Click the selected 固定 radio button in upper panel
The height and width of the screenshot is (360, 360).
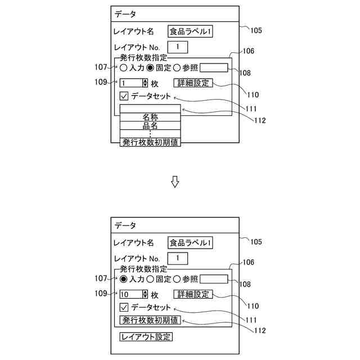coord(150,68)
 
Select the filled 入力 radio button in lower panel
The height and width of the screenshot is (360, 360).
coord(123,279)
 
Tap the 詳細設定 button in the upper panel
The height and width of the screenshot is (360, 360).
coord(193,83)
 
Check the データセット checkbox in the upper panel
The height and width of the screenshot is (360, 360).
coord(124,96)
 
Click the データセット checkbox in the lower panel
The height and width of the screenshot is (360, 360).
coord(124,308)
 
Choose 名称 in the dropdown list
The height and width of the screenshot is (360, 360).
coord(150,118)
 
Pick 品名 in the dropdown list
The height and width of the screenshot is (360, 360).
coord(150,126)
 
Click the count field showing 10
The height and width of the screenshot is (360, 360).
coord(130,294)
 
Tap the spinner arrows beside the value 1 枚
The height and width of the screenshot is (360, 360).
coord(145,83)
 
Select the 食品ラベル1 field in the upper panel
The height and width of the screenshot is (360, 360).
coord(191,31)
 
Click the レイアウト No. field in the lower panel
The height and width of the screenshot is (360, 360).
coord(178,258)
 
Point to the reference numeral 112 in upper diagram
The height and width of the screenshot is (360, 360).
coord(259,120)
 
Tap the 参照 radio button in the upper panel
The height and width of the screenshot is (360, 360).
coord(176,68)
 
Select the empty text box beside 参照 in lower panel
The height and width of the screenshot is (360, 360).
coord(214,279)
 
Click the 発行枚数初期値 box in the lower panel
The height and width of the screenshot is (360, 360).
coord(150,320)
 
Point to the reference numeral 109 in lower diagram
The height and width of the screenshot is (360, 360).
coord(101,293)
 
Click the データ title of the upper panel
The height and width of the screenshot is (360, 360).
coord(125,14)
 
